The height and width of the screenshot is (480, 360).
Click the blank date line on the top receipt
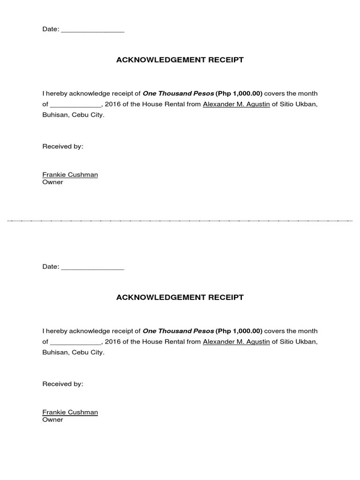92,30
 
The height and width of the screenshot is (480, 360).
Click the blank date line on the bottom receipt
92,268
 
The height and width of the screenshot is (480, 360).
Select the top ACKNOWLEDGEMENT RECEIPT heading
180,60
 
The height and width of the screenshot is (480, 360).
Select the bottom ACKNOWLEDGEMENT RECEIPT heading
180,297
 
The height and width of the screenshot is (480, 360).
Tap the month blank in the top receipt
75,105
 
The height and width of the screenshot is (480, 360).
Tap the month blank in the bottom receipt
75,343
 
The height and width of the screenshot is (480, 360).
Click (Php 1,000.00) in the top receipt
239,94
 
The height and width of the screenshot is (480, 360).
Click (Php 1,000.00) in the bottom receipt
239,331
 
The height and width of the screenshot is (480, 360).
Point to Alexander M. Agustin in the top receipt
236,105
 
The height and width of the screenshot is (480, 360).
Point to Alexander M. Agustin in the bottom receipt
236,342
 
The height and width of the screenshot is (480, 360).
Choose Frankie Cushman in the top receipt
70,175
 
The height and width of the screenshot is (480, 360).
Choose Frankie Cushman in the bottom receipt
70,412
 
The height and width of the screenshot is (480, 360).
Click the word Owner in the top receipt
52,182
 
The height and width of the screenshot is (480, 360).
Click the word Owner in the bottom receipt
52,420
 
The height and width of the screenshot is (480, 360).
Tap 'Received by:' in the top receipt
63,147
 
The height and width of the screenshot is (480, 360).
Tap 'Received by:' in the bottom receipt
63,384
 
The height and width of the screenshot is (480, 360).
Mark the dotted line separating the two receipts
180,220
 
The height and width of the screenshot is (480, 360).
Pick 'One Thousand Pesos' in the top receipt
178,94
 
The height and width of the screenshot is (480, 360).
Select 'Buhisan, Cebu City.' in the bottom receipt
74,352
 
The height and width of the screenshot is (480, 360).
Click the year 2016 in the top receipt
112,105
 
